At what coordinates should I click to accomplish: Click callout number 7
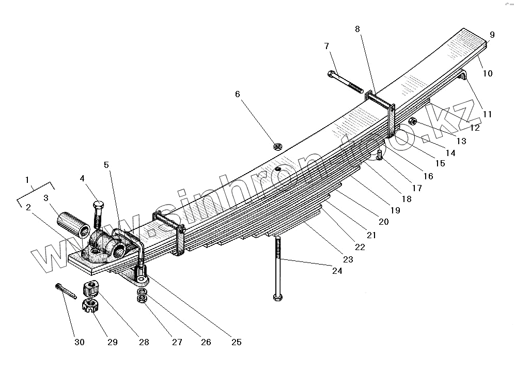point(326,47)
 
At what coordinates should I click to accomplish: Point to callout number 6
point(237,94)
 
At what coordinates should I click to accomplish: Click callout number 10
point(488,73)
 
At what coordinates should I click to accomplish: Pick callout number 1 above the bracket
point(27,180)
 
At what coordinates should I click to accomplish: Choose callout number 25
point(236,342)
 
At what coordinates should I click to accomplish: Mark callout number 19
point(395,211)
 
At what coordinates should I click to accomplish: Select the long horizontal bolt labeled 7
point(345,81)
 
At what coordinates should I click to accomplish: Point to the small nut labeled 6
point(277,147)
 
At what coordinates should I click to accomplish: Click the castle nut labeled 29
point(90,306)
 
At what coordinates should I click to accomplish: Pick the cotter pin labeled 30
point(66,291)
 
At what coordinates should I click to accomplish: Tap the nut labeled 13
point(413,122)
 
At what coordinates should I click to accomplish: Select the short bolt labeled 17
point(380,154)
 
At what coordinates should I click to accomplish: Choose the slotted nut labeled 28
point(91,287)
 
